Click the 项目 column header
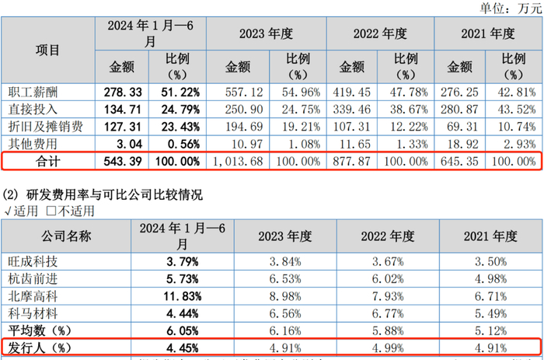[x=47, y=49]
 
